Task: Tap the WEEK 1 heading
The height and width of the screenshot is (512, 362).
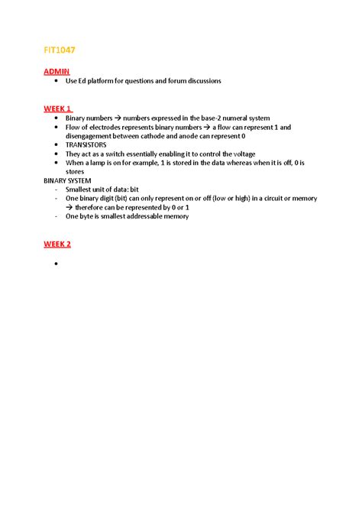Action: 58,109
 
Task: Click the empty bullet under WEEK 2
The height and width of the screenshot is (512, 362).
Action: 57,264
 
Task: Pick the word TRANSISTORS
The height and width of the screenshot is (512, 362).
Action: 86,144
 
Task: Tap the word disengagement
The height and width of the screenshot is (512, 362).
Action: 92,136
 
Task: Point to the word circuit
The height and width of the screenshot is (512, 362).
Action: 274,198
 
